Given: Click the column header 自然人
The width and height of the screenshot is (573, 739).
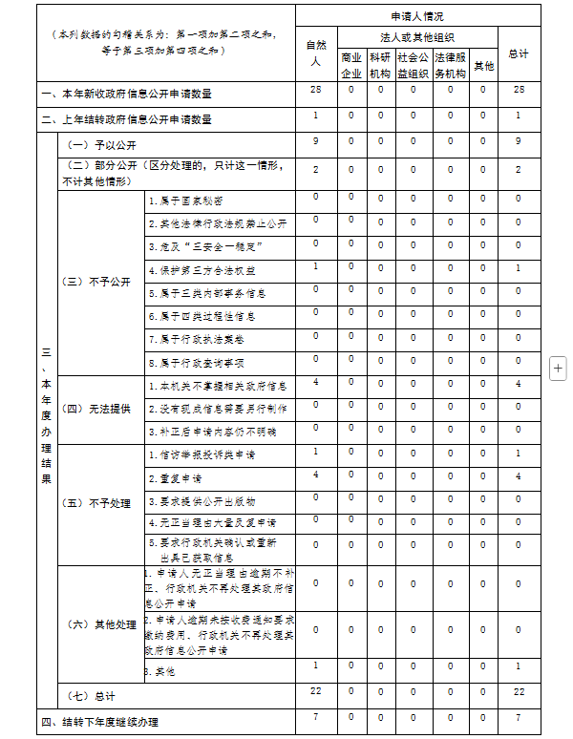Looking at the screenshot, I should [315, 53].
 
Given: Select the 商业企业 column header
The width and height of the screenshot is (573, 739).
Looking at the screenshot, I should [351, 65].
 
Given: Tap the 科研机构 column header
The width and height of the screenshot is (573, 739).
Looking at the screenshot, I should [380, 65].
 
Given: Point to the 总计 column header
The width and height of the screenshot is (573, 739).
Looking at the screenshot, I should [519, 53].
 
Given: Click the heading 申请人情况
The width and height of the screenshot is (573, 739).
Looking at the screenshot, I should [416, 16].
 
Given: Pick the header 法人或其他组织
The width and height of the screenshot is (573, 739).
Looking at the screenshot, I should [416, 36].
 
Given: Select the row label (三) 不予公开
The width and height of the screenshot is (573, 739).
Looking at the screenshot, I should [95, 283].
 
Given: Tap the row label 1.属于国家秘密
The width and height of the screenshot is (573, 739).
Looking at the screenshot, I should [186, 201].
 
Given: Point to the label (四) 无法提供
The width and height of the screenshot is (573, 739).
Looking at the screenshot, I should [95, 409].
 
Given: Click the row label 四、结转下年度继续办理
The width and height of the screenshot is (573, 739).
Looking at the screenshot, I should [99, 722].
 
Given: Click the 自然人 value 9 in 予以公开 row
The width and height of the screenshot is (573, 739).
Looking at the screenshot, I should [315, 141].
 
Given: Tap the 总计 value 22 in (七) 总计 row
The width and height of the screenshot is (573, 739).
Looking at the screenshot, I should [519, 690].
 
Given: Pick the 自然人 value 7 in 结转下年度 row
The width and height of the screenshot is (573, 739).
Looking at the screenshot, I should [315, 716].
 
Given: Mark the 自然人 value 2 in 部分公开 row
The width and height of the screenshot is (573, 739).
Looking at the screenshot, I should [315, 169].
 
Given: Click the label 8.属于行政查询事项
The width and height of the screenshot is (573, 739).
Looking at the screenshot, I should [197, 363].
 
